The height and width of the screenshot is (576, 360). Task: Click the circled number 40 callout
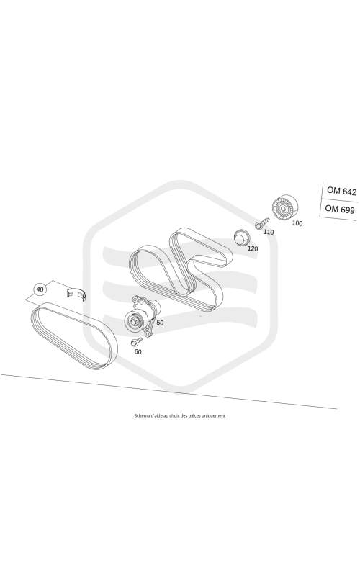coord(40,289)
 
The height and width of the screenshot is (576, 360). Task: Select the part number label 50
coord(160,323)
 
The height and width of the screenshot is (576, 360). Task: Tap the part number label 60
coord(138,351)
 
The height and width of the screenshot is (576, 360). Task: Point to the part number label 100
coord(297,223)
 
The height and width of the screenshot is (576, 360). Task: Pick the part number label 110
coord(269,232)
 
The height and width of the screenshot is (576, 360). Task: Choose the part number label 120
coord(253,248)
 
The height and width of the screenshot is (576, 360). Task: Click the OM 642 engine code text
coord(341,191)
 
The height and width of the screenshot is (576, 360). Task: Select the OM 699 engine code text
coord(340,209)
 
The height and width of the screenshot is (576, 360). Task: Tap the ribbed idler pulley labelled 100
coord(284,207)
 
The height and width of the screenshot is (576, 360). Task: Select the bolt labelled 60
coord(137,341)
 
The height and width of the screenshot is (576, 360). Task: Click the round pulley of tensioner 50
coord(134,322)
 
